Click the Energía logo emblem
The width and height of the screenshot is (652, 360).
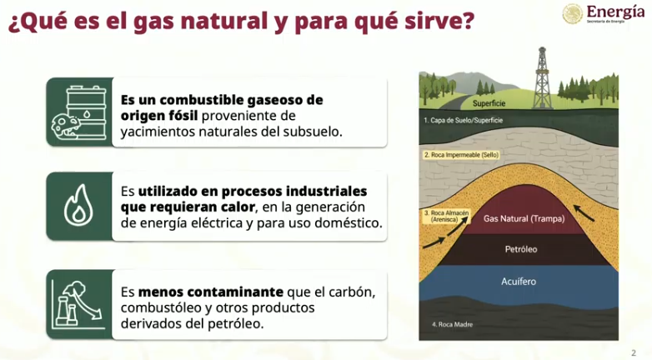573,13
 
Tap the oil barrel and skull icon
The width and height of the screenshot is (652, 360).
78,112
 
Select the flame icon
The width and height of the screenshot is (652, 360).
78,205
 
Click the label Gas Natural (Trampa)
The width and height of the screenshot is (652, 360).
524,218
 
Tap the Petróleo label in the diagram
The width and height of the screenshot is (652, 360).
521,249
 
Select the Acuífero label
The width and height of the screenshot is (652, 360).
519,282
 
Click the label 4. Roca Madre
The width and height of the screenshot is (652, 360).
452,324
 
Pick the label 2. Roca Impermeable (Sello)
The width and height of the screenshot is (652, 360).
461,155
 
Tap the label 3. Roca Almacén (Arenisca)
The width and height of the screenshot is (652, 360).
446,216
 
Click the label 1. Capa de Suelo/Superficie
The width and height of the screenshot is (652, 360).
464,120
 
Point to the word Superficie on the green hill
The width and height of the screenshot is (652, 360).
489,103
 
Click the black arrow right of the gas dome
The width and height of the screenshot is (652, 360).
584,212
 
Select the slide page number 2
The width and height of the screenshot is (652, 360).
634,353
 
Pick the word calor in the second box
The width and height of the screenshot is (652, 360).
235,207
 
